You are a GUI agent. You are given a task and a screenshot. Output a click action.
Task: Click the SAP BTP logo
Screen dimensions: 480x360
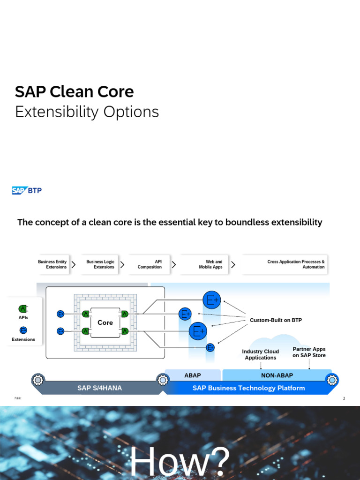coord(27,190)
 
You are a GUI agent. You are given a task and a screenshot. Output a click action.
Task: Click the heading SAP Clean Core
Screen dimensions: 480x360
coord(74,91)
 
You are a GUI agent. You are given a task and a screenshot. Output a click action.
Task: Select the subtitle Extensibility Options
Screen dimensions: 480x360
coord(87,112)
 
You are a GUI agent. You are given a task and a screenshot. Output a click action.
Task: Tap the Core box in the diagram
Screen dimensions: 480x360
coord(105,322)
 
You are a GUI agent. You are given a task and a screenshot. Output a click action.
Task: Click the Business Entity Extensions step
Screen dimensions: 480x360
coord(52,264)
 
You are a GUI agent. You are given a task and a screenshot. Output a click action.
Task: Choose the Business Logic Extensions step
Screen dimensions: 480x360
coord(100,264)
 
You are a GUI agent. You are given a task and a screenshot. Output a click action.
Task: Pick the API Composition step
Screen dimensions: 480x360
coord(150,264)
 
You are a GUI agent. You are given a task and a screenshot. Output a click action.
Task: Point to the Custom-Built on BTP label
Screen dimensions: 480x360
coord(276,320)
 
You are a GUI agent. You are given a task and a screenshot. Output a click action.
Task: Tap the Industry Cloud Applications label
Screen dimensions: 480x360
coord(260,354)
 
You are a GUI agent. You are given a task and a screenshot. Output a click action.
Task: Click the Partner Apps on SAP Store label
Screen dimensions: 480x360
coord(309,352)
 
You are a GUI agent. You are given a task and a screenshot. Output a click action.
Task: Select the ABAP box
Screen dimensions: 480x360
coord(193,375)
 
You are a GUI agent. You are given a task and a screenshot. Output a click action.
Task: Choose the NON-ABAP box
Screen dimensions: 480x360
coord(277,375)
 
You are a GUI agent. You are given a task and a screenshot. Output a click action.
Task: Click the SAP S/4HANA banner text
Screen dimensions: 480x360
coord(99,388)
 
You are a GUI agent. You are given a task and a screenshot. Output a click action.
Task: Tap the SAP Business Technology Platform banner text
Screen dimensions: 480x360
coord(248,388)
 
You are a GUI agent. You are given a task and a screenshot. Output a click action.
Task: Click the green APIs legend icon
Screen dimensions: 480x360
coord(23,309)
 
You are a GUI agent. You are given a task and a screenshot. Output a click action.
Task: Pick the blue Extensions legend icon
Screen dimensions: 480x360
coord(23,330)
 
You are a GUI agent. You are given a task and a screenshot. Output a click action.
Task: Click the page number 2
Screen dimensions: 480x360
coord(344,398)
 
